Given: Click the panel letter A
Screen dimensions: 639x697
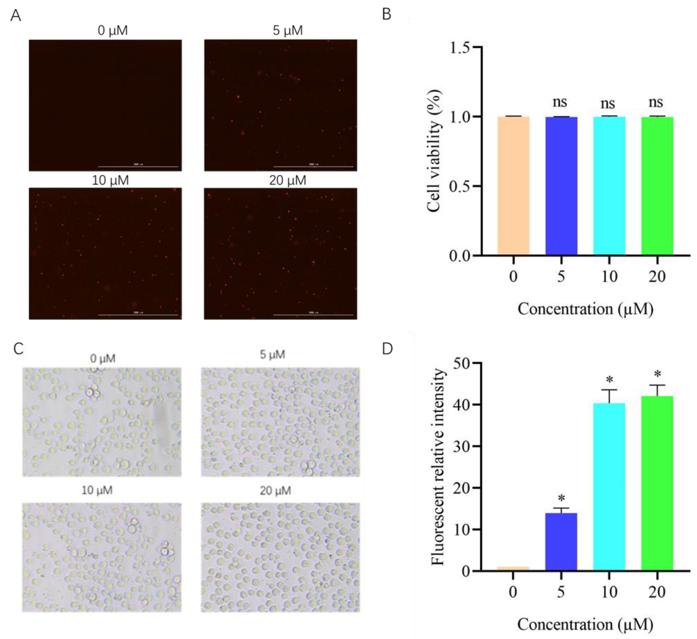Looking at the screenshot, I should (x=16, y=16).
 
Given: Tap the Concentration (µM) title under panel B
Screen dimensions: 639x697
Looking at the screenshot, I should (x=585, y=309).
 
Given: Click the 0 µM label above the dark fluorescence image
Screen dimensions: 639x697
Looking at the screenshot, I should (x=113, y=30).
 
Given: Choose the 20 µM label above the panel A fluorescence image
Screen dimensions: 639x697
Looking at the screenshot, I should (x=288, y=180).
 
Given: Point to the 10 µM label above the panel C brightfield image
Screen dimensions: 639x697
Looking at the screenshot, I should (x=97, y=490).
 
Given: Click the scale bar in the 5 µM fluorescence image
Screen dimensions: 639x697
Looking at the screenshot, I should (x=313, y=167).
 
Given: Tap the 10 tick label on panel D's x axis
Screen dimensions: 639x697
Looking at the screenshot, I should (x=609, y=592).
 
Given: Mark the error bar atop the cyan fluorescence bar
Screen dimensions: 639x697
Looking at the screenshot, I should (x=609, y=396).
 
